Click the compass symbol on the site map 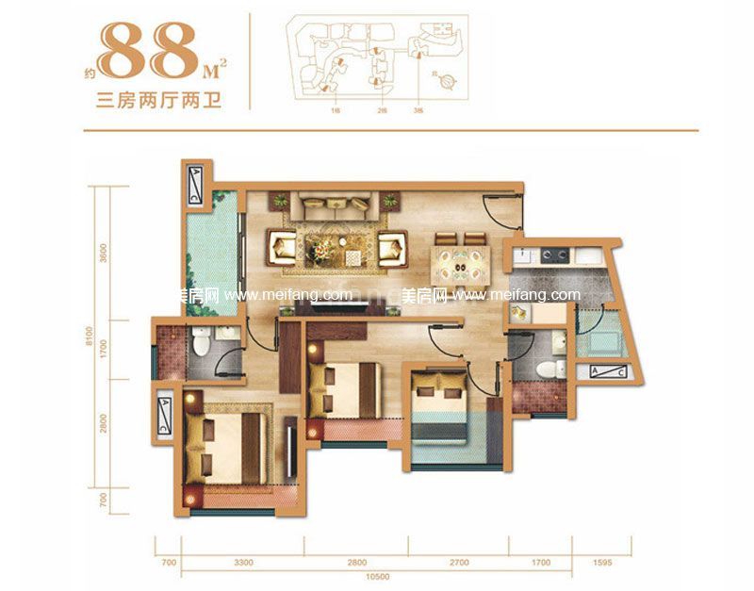click(447, 83)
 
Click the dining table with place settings click(461, 263)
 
